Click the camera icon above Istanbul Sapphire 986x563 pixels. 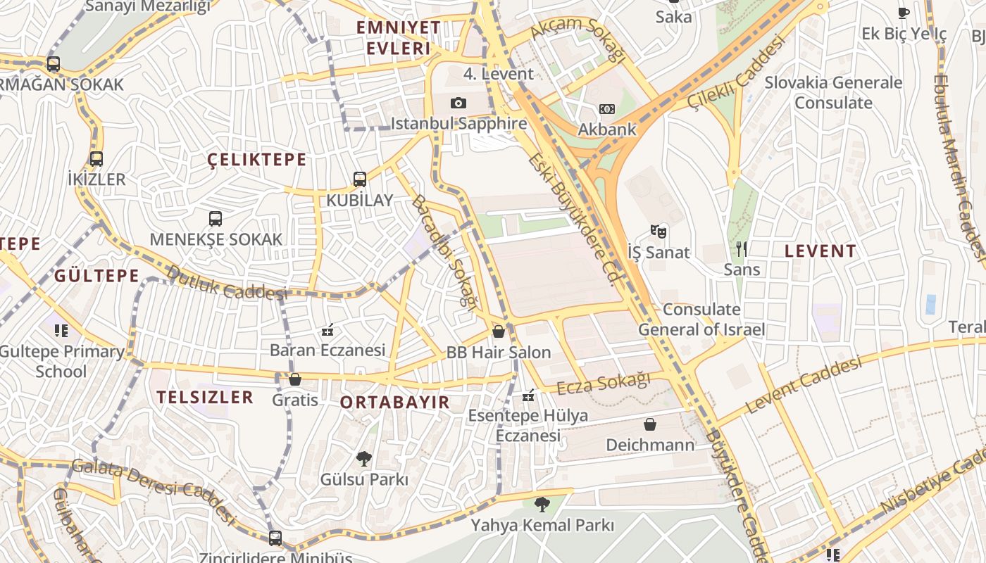tap(458, 103)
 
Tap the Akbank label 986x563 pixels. tap(606, 129)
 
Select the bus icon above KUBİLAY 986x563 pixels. tap(360, 179)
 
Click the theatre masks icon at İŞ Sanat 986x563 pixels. tap(659, 232)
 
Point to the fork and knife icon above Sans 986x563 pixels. tap(742, 248)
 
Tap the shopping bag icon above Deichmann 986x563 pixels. tap(650, 424)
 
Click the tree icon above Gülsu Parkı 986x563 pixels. tap(364, 459)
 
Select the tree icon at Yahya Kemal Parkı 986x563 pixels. tap(542, 504)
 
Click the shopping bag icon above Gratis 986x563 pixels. tap(295, 379)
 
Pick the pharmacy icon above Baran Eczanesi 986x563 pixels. tap(327, 329)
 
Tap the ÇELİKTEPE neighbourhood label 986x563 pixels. tap(257, 160)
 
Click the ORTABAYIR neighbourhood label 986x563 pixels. tap(394, 403)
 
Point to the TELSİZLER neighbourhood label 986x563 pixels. tap(205, 397)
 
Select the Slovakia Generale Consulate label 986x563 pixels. tap(833, 93)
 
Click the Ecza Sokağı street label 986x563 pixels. tap(604, 384)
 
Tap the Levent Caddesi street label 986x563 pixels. tap(804, 386)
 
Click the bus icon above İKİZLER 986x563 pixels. tap(96, 159)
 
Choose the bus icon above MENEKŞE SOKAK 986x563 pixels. tap(216, 219)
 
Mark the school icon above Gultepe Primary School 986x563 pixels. tap(61, 330)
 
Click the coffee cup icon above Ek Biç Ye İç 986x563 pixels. tap(904, 13)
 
